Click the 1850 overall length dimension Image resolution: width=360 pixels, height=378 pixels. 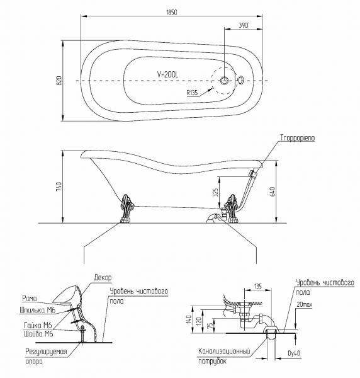[x=171, y=12]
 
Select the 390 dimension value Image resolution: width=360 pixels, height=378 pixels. [x=243, y=25]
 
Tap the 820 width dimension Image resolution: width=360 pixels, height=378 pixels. [x=59, y=81]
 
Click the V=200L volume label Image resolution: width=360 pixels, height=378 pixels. [x=168, y=74]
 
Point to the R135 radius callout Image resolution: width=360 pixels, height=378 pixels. [x=192, y=93]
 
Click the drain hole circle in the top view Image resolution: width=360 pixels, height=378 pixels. [x=225, y=80]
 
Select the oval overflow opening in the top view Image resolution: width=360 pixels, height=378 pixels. [x=240, y=80]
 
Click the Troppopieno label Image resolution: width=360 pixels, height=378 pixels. [x=298, y=138]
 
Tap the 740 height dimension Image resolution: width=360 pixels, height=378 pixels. [x=59, y=187]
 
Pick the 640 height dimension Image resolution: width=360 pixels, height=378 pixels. [x=273, y=191]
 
